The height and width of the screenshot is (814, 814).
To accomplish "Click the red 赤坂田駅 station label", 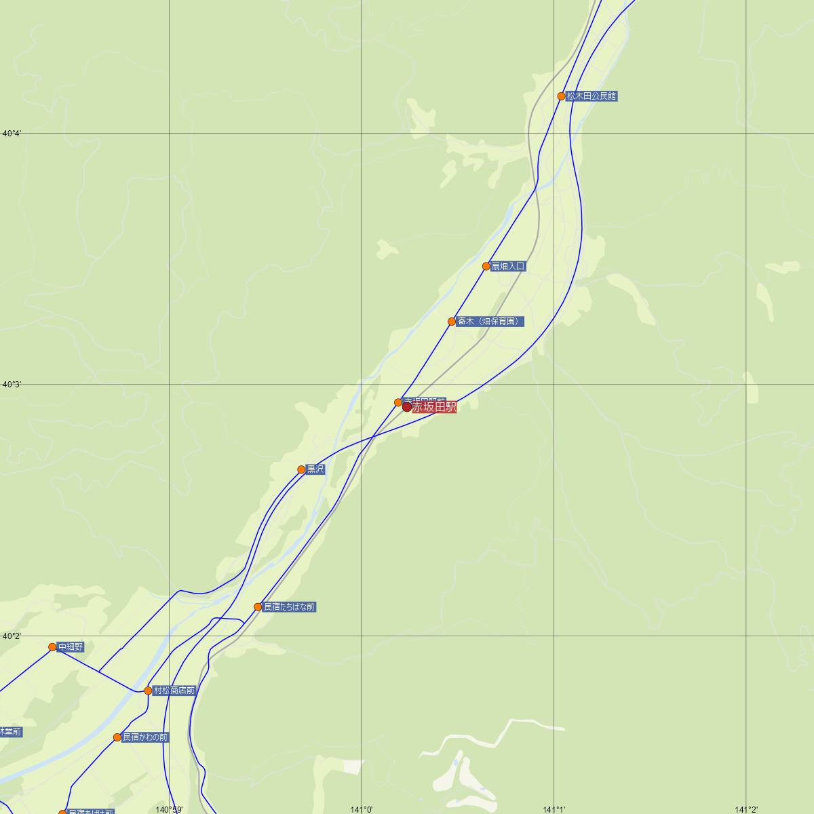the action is click(434, 407).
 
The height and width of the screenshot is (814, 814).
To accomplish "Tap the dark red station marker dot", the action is click(407, 407).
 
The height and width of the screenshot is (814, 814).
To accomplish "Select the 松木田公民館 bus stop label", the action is click(592, 96).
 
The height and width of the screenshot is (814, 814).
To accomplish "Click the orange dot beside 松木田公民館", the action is click(562, 96).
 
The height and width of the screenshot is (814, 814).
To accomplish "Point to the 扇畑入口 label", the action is click(508, 267).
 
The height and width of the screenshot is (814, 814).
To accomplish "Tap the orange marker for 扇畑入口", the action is click(486, 267).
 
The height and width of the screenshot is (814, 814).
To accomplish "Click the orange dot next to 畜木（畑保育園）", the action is click(452, 322).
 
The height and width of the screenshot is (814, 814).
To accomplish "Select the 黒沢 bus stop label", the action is click(316, 469).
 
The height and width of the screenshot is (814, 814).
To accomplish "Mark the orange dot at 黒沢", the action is click(302, 469).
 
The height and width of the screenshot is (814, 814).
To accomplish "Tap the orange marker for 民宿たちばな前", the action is click(258, 607).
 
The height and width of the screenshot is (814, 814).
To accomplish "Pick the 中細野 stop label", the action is click(71, 647).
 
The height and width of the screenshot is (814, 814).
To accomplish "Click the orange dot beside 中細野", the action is click(52, 647).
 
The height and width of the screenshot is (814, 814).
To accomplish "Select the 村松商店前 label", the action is click(174, 691).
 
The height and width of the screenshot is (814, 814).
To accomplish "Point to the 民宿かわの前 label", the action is click(145, 737).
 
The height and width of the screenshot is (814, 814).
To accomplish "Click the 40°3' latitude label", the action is click(12, 385).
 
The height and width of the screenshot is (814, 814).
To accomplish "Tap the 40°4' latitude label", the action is click(12, 134).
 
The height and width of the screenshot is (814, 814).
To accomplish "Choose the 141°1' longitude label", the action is click(554, 809).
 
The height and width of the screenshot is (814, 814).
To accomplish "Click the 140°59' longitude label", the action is click(169, 809).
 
